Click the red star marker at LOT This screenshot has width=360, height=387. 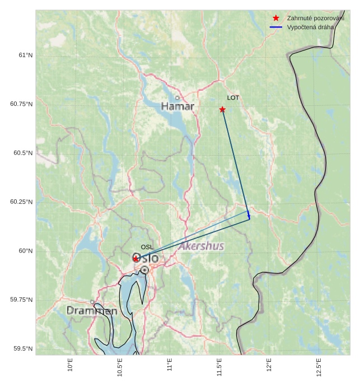pos(222,109)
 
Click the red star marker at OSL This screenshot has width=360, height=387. pos(135,258)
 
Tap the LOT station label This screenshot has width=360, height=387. pos(233,98)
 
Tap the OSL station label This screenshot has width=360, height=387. pos(147,247)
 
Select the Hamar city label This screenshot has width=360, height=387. pos(177,106)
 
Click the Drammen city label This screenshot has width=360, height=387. pos(92,311)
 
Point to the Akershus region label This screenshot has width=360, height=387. pos(201,246)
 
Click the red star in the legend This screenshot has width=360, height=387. pos(275,18)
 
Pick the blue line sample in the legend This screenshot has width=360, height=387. pos(275,27)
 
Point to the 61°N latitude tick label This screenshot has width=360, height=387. pos(25,55)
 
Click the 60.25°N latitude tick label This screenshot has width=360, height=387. pos(21,202)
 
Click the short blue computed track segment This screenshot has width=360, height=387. pos(249,215)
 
